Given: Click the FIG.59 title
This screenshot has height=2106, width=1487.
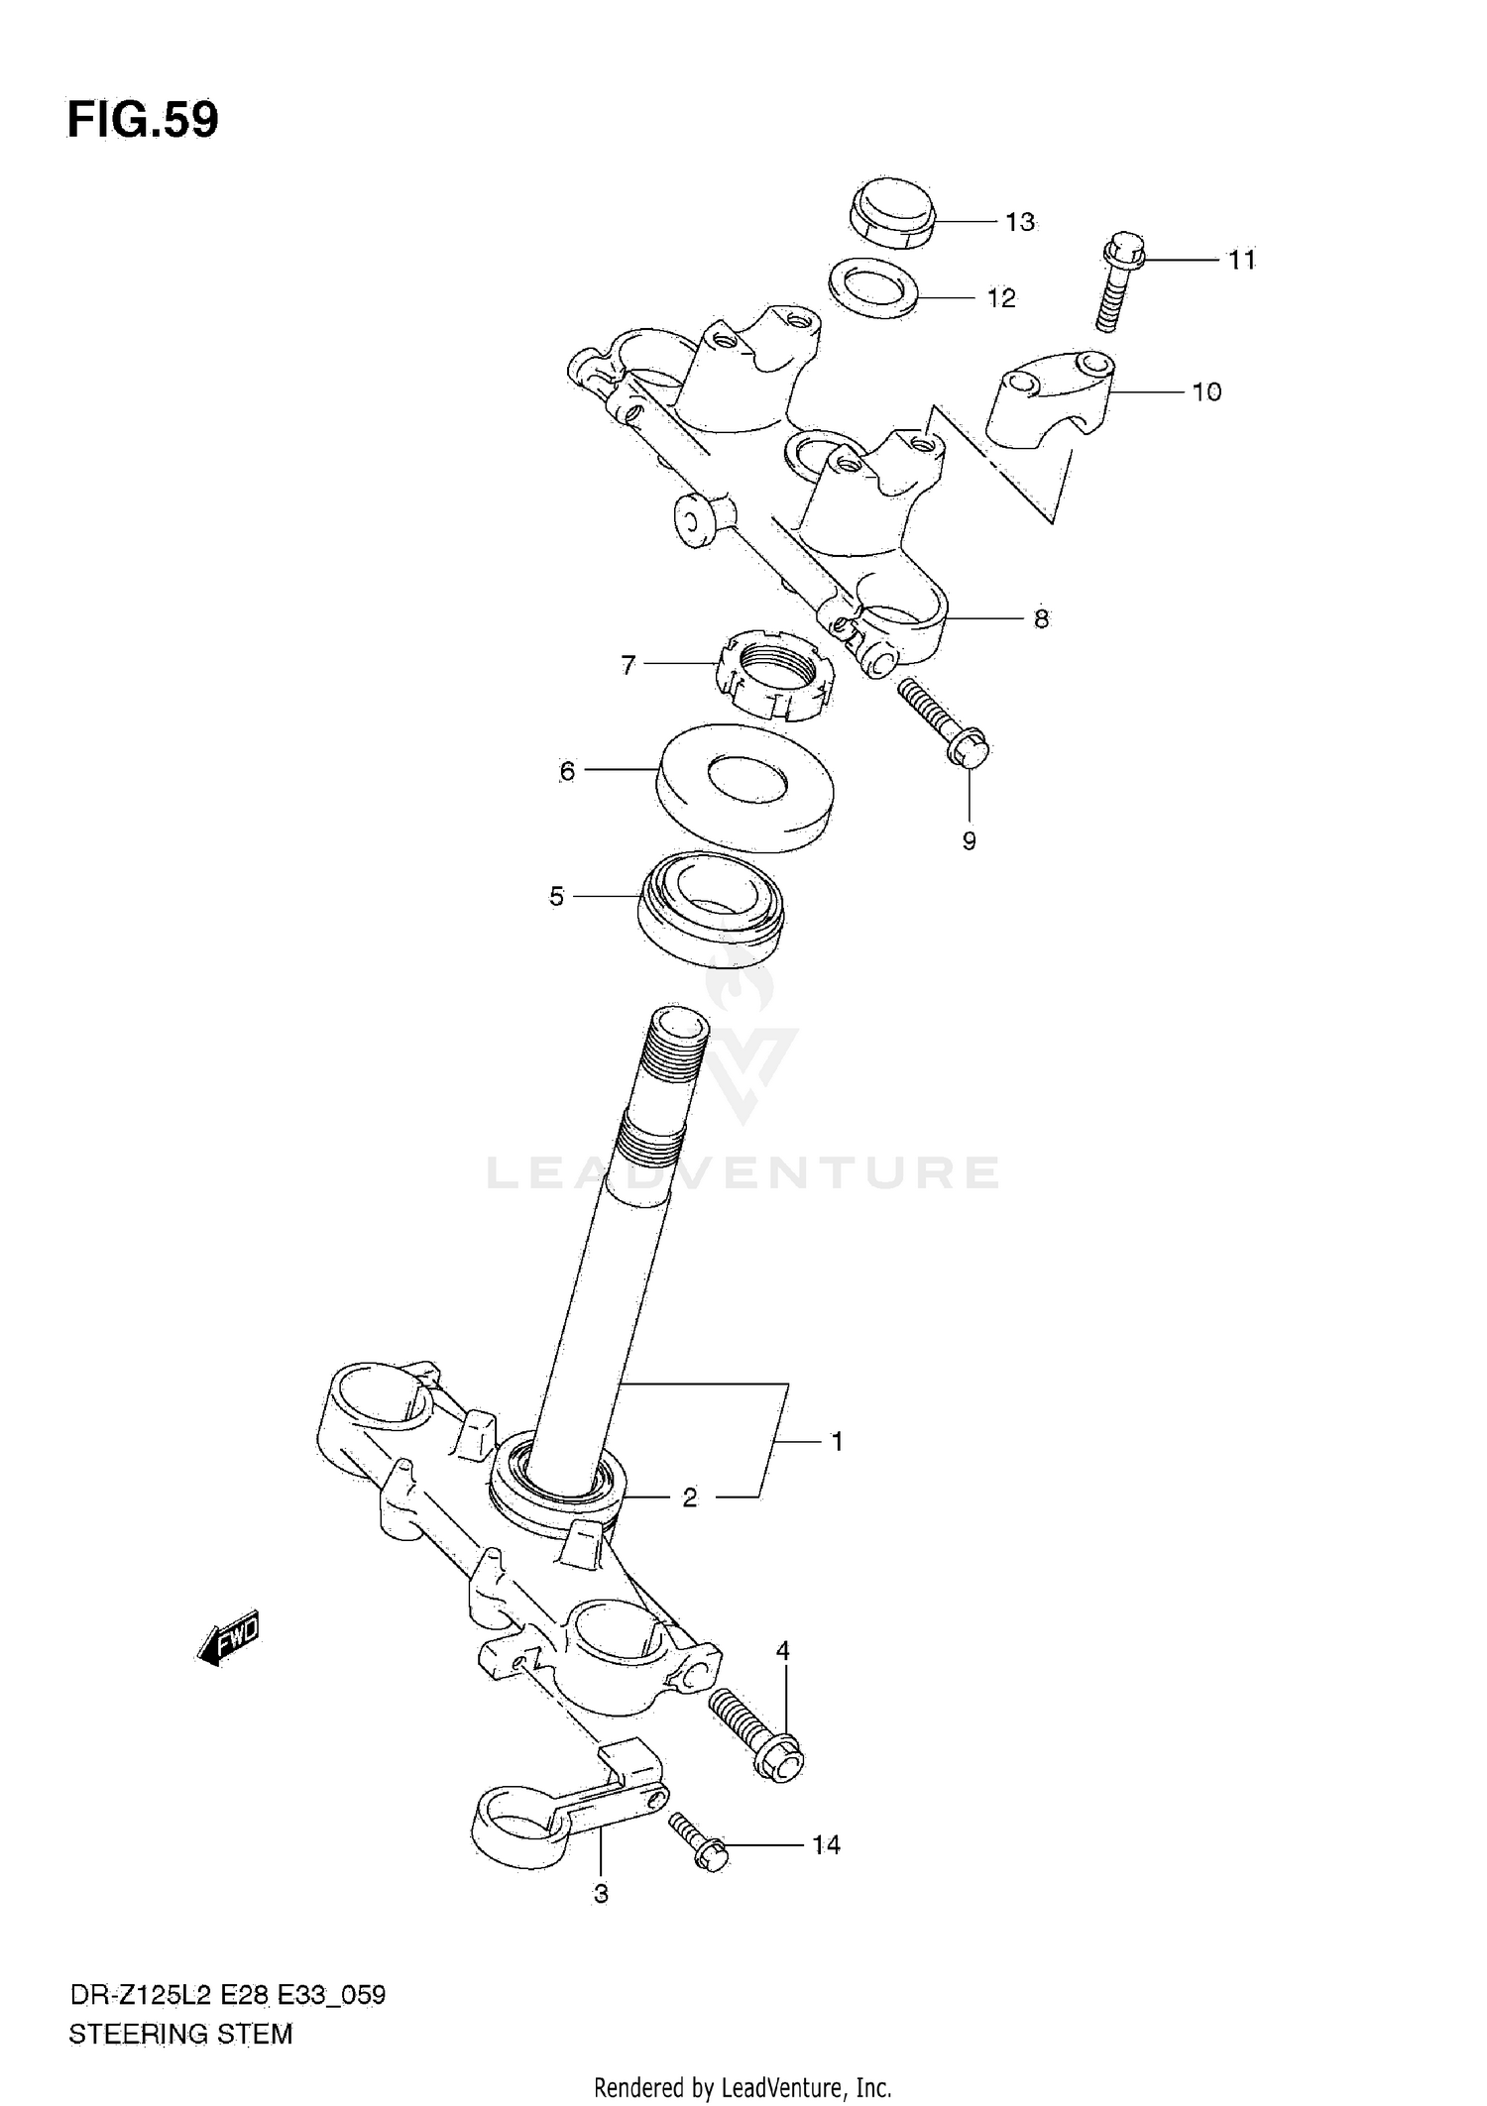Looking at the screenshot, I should coord(143,120).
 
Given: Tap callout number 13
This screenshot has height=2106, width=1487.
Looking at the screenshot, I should coord(1019,222).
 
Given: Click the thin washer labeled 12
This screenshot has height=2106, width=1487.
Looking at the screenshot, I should coord(872,288).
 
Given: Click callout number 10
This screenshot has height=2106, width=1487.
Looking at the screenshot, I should coord(1205,392).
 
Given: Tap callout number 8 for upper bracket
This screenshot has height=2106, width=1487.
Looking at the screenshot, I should coord(1041,619).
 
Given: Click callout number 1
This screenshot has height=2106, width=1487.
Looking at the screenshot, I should coord(837,1442).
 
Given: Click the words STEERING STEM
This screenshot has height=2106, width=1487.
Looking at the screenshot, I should coord(180,2036).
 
